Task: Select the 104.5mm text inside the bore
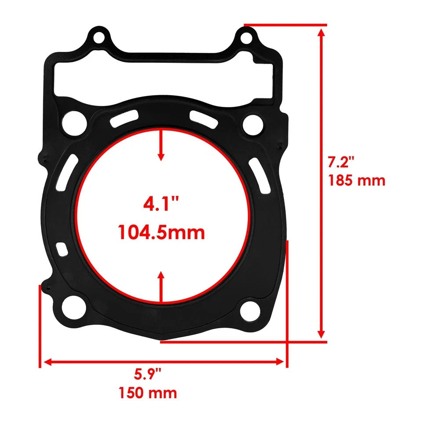point(161,232)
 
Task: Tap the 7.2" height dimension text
point(341,163)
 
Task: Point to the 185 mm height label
point(357,180)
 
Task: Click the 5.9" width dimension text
point(148,375)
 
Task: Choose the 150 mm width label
point(148,392)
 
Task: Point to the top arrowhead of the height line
point(322,32)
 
